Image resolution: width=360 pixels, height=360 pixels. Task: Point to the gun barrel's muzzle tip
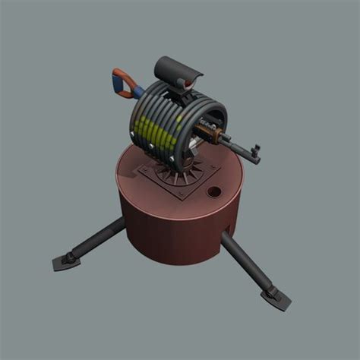(261, 149)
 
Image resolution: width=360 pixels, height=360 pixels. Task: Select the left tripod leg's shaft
(96, 240)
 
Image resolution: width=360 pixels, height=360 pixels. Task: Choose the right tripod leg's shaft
(243, 262)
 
